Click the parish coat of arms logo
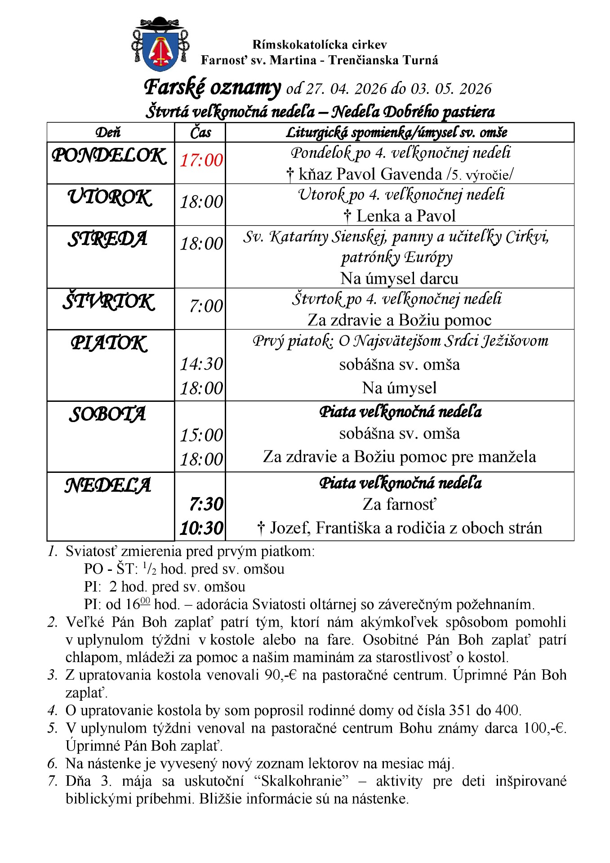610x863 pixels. click(160, 44)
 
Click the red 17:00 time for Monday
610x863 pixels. click(201, 160)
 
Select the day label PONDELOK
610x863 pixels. click(109, 156)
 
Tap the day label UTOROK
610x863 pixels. click(109, 197)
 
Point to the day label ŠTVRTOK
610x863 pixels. click(109, 302)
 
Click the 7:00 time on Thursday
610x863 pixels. click(206, 306)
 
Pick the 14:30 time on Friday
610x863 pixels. click(201, 364)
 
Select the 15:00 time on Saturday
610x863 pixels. click(201, 435)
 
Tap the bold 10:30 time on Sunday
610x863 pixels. click(201, 528)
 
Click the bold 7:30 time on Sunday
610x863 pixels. click(206, 504)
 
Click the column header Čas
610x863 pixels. click(200, 133)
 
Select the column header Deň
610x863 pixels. click(108, 133)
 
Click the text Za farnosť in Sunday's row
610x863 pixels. click(399, 504)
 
